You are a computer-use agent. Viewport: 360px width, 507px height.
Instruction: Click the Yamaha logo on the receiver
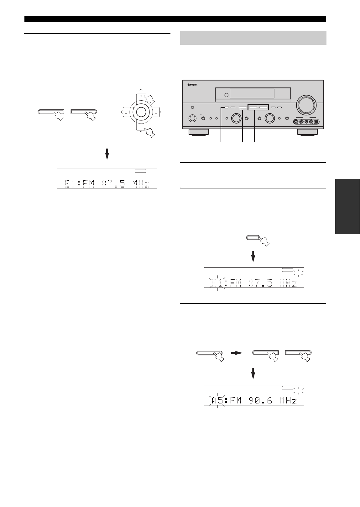click(x=192, y=85)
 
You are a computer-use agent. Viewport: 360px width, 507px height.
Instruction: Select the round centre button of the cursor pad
click(x=141, y=112)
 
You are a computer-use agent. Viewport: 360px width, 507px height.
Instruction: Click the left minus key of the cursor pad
click(x=127, y=112)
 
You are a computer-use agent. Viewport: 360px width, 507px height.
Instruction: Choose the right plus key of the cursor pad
click(x=155, y=112)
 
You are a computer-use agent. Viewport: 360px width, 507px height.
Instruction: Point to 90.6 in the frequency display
click(x=260, y=401)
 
